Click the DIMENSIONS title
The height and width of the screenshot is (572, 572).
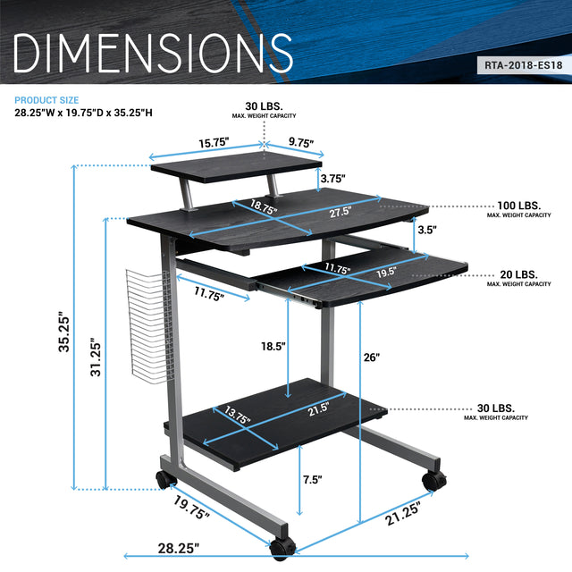point(153,53)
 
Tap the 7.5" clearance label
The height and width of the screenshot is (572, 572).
point(312,480)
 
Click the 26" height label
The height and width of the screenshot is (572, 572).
point(372,357)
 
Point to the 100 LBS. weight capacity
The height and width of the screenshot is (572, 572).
point(518,205)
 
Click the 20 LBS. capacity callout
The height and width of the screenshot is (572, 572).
point(518,273)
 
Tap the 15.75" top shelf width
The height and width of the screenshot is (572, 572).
point(214,142)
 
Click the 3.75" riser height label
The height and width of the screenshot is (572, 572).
point(332,177)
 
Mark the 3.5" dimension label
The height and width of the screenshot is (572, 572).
point(427,231)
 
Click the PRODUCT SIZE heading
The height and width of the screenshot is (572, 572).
point(46,100)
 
